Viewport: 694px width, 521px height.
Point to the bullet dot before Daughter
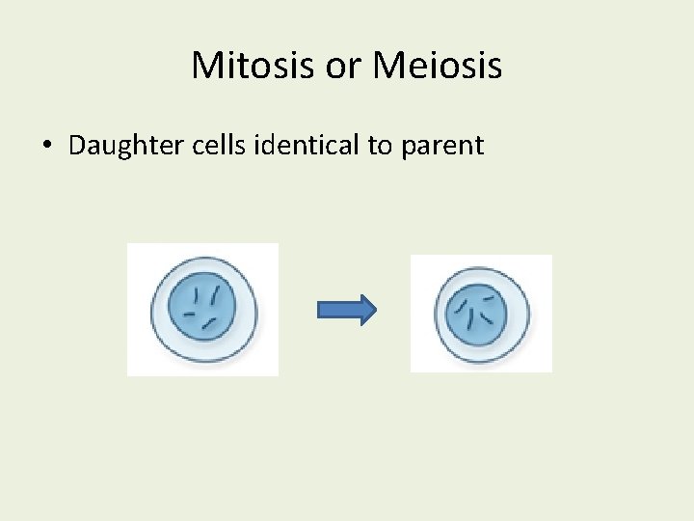(x=46, y=147)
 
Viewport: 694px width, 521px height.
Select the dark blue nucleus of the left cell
(x=201, y=310)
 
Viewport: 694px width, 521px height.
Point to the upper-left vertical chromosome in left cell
(x=197, y=295)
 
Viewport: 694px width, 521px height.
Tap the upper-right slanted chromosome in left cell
(x=215, y=293)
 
